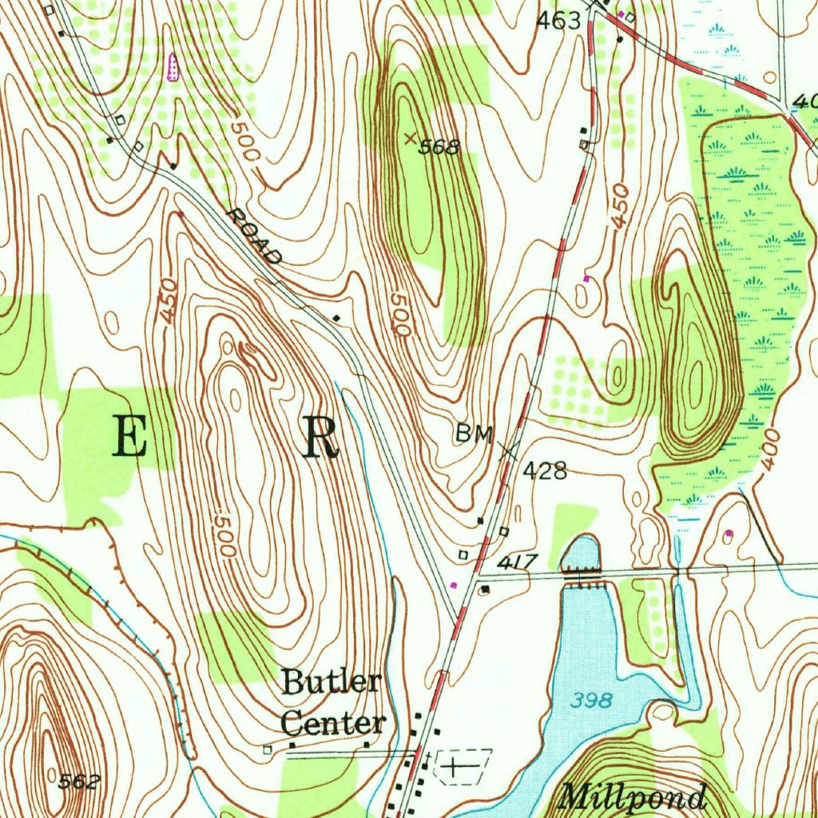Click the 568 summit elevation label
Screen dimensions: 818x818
coord(441,147)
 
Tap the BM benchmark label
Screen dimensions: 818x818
coord(475,434)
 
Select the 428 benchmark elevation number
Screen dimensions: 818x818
coord(545,471)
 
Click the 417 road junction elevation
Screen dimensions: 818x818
coord(518,563)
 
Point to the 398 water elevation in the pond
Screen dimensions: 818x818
coord(592,701)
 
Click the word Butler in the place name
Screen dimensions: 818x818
coord(332,683)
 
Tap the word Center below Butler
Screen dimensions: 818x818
coord(333,723)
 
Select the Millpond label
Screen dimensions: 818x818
coord(633,797)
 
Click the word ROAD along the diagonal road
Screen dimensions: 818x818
coord(254,237)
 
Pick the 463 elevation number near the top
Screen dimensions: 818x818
coord(558,22)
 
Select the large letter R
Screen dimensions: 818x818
coord(320,438)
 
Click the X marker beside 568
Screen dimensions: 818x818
coord(411,138)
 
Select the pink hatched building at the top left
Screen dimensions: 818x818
coord(172,68)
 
